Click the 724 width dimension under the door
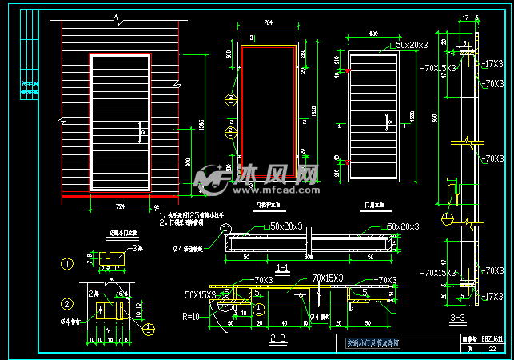121,206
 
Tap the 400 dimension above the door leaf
373,33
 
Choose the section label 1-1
281,266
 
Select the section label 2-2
278,338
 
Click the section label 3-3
460,320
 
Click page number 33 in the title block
492,348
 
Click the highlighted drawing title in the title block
373,343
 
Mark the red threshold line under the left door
120,195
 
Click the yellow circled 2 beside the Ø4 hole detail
67,303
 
